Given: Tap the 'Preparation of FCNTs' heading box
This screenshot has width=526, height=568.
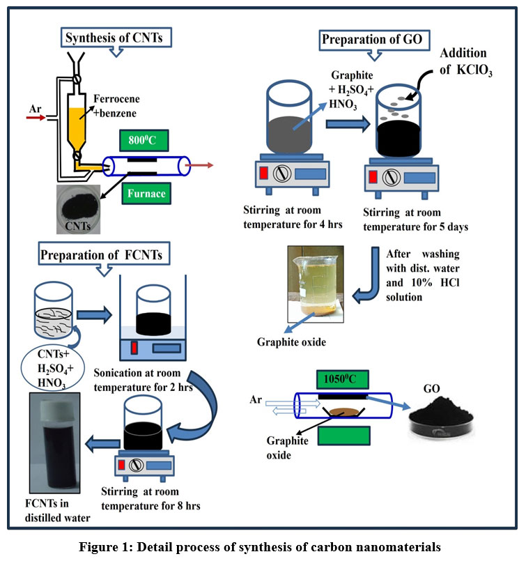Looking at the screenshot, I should pyautogui.click(x=102, y=255).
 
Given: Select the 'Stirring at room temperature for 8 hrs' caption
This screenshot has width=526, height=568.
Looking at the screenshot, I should pyautogui.click(x=157, y=499).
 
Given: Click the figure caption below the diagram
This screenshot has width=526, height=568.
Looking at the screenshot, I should pyautogui.click(x=262, y=547).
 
